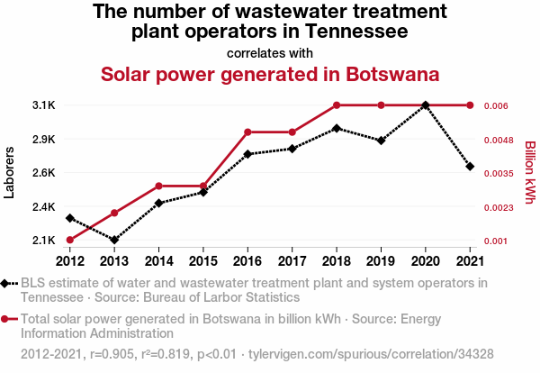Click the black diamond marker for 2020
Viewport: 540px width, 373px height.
[x=426, y=105]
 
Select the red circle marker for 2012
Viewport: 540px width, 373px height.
[x=69, y=240]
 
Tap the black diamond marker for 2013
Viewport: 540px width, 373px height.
[x=114, y=240]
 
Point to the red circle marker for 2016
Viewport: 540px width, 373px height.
[x=247, y=132]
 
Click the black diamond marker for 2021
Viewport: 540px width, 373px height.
[x=470, y=167]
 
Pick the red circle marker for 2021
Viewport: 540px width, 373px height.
[x=470, y=105]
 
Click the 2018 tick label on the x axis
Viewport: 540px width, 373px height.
[x=337, y=261]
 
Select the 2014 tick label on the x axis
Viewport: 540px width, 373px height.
[x=158, y=261]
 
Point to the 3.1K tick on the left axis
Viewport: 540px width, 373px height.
[x=43, y=105]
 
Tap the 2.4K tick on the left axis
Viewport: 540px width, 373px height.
[x=43, y=206]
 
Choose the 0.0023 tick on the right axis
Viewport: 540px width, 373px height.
[x=499, y=207]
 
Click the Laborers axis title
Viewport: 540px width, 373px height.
[x=10, y=173]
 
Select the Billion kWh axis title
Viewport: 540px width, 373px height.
[x=529, y=173]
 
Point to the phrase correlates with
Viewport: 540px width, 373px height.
[x=270, y=52]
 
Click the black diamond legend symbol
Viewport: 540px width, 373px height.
[x=7, y=283]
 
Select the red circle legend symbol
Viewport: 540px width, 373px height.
[x=7, y=319]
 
